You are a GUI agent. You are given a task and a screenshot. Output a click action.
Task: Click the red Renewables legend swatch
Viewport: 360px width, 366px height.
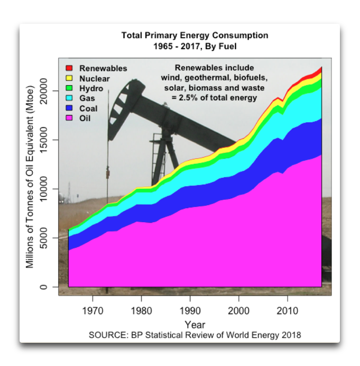(69, 68)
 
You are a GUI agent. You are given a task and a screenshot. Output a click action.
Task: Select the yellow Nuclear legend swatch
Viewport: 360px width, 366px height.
(69, 78)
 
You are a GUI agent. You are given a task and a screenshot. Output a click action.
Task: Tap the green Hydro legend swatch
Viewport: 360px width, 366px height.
(69, 88)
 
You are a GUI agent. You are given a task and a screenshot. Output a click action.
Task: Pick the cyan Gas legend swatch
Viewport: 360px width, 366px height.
(69, 98)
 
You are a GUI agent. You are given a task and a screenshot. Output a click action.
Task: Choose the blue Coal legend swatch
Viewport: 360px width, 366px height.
(69, 108)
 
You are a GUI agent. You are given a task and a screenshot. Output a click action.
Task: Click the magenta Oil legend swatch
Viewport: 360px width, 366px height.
(69, 118)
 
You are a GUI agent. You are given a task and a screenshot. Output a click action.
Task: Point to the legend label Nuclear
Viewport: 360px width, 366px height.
(95, 78)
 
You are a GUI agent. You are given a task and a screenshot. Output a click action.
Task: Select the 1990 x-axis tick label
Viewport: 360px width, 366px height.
(190, 309)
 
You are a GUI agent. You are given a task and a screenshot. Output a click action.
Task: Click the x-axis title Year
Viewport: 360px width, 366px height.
(195, 324)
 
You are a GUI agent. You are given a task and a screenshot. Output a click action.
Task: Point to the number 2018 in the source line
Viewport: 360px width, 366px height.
(291, 335)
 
